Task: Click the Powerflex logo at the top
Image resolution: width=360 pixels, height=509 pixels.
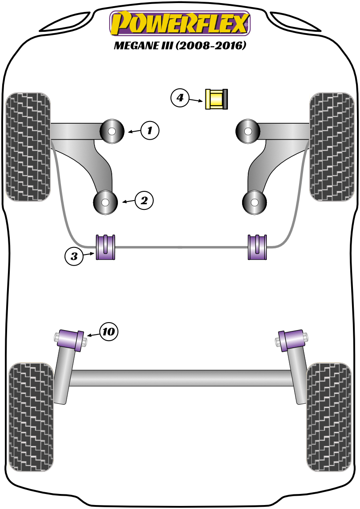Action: pos(180,23)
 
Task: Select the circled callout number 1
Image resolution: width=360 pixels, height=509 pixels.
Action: pos(150,130)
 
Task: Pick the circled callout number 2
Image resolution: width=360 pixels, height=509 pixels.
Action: pos(144,201)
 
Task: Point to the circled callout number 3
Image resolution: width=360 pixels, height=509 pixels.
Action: pos(74,256)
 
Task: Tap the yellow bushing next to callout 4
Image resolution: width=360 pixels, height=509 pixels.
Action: pos(215,99)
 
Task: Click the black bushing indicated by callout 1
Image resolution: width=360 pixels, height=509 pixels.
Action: pos(112,131)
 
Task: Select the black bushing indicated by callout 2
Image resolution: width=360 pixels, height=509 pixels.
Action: pos(106,202)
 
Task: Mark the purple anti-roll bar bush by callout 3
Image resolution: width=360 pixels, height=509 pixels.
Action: pos(106,247)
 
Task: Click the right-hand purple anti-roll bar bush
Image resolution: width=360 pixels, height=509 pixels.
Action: pos(257,247)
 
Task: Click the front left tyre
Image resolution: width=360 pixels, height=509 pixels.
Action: pos(28,147)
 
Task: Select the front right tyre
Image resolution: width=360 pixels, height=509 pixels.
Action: pos(332,147)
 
